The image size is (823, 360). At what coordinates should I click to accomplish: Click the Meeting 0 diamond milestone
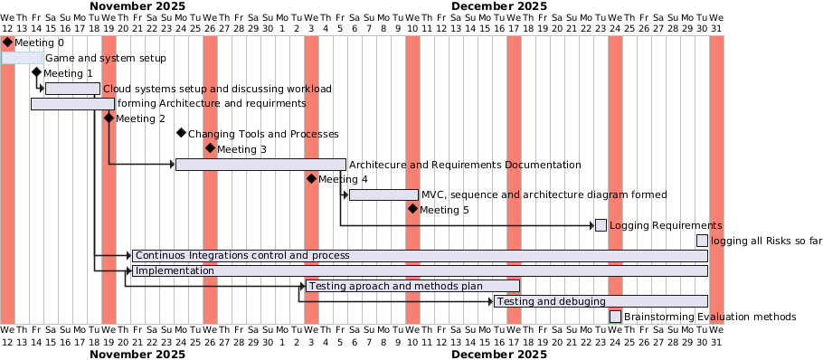[x=7, y=43]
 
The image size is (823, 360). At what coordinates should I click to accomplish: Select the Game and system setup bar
[x=22, y=58]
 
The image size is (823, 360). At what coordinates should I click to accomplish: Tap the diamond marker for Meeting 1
[x=36, y=73]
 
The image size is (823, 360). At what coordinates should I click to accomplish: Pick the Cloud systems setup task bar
[x=72, y=89]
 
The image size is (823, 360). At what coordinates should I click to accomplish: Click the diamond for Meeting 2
[x=109, y=118]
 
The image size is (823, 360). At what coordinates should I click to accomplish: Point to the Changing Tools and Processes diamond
[x=181, y=134]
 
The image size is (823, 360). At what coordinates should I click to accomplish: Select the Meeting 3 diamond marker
[x=210, y=148]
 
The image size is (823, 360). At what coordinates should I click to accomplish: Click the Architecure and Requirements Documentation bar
[x=260, y=165]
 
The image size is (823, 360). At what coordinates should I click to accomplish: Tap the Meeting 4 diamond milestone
[x=311, y=179]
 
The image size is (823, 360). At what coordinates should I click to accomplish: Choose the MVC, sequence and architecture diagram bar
[x=383, y=194]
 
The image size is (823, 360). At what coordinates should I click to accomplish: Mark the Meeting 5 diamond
[x=412, y=210]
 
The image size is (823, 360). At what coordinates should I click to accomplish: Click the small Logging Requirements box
[x=601, y=225]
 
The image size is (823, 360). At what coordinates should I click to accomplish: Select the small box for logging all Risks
[x=702, y=241]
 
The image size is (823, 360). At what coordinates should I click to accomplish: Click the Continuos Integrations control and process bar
[x=420, y=256]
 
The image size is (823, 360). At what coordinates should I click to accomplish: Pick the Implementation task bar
[x=420, y=270]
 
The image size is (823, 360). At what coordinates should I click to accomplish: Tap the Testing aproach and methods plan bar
[x=412, y=286]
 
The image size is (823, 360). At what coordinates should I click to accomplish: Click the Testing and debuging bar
[x=601, y=301]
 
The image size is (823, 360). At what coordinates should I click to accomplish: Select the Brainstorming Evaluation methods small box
[x=615, y=317]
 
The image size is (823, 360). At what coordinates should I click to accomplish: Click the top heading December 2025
[x=498, y=6]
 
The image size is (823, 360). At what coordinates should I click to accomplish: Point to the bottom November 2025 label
[x=137, y=354]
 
